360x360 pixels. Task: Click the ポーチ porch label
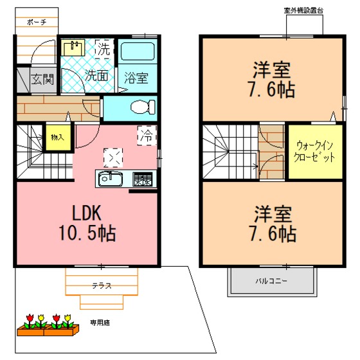click(37, 22)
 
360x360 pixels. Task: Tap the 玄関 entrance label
click(42, 79)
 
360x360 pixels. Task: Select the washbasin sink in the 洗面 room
click(73, 48)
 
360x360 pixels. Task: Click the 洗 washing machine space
click(104, 49)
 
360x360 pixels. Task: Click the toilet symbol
click(143, 107)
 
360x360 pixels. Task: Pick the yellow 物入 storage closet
click(58, 138)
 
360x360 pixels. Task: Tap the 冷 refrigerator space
click(147, 136)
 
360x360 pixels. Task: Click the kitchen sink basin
click(111, 179)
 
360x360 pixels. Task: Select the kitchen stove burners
click(143, 179)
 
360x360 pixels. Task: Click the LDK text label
click(87, 213)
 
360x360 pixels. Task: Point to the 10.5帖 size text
click(87, 233)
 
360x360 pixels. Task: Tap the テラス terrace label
click(102, 285)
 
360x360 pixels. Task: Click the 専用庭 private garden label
click(100, 323)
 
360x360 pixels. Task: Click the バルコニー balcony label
click(271, 281)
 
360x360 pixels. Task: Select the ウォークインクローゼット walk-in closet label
click(314, 152)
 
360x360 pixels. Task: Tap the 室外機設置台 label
click(303, 10)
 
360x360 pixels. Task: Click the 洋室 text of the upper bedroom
click(271, 70)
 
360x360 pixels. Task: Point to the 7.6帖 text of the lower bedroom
click(273, 233)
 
